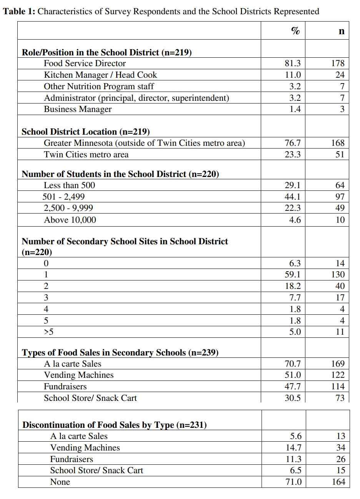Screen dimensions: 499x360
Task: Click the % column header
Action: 295,31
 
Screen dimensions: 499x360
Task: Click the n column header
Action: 341,31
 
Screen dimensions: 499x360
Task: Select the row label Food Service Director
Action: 85,63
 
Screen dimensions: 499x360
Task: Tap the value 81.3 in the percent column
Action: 293,63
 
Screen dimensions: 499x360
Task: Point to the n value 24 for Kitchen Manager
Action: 340,75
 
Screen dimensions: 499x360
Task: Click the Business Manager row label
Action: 78,109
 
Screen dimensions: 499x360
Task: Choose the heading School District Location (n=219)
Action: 85,132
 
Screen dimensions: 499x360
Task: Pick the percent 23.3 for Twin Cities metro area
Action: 293,155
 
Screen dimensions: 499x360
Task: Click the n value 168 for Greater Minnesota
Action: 338,143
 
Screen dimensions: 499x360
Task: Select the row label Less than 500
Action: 69,185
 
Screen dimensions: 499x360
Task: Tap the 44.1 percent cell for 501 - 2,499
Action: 293,197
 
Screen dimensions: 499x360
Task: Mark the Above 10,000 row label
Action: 70,220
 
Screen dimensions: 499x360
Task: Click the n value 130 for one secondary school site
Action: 338,275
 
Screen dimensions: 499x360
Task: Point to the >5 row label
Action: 49,332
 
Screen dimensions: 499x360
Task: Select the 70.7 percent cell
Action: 293,364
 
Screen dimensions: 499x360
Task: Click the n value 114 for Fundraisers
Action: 338,387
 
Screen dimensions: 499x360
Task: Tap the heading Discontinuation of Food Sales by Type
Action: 114,425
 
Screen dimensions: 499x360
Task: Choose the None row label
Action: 60,482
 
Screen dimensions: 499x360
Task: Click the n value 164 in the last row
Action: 338,482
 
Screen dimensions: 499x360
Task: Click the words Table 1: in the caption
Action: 19,11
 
